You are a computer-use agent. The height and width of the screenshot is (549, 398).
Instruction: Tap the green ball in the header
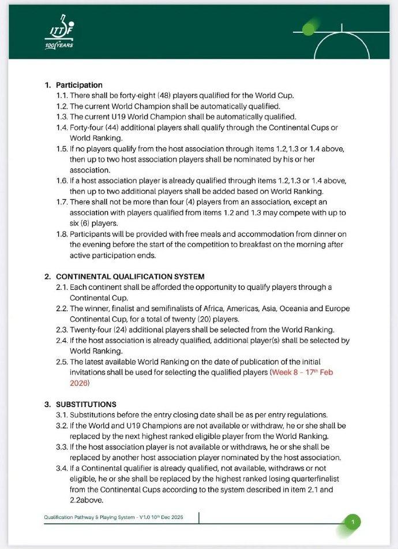coord(310,28)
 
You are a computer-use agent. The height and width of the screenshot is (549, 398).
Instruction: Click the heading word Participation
coord(79,85)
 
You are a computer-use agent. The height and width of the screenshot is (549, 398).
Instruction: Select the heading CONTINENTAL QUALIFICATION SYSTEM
coord(130,277)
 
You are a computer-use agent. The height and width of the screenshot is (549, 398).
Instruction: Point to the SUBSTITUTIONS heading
coord(86,404)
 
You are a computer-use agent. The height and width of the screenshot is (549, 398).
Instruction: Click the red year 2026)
coord(80,383)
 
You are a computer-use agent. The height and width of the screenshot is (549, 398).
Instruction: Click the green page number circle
coord(353,522)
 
